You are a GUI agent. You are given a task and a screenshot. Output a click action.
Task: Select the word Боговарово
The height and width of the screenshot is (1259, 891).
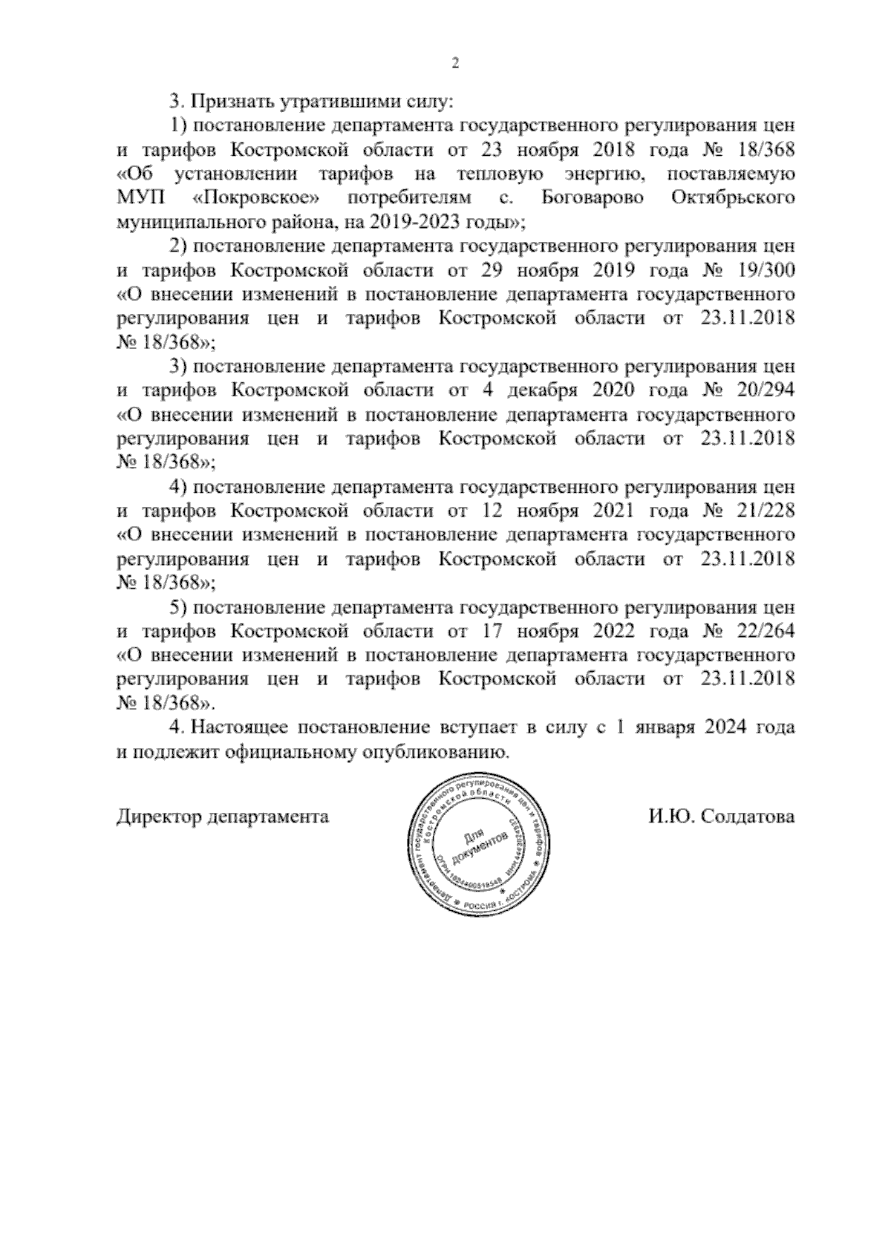[x=593, y=198]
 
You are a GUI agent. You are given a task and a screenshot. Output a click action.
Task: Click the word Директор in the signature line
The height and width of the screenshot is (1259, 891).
[x=160, y=817]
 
